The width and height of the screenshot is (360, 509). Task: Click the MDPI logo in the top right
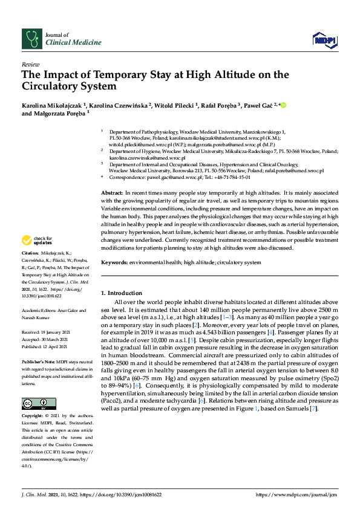[x=324, y=40]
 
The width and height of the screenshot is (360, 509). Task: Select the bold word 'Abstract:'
[x=113, y=191]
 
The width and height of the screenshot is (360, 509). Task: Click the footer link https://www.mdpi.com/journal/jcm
[x=296, y=494]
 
